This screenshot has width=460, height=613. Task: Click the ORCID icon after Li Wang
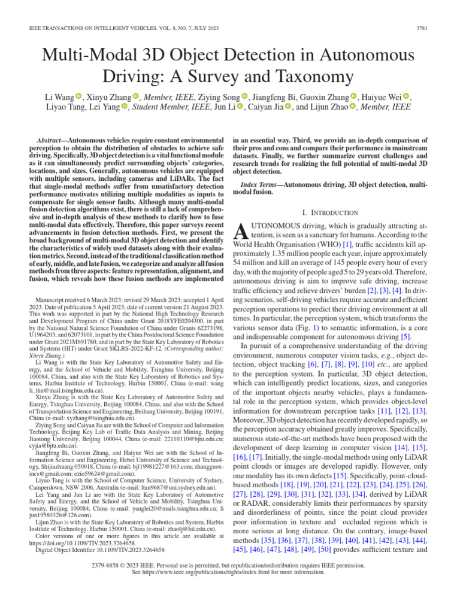click(x=78, y=96)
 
